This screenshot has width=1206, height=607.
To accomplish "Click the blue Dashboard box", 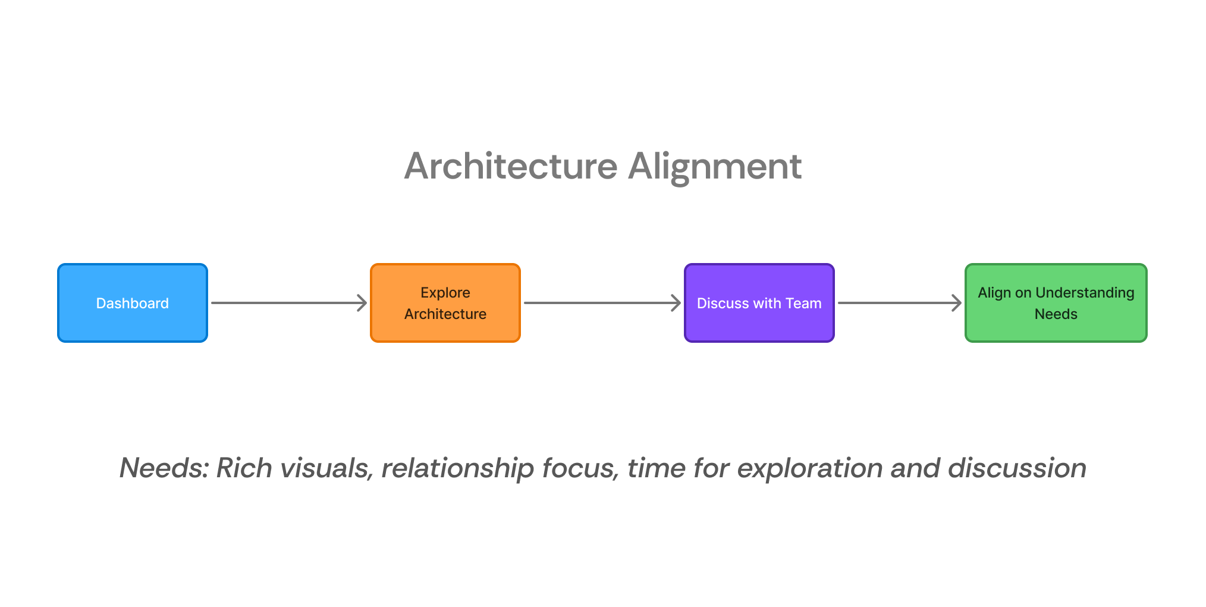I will (132, 303).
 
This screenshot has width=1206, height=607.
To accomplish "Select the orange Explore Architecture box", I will (445, 303).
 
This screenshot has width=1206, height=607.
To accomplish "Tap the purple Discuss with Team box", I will (759, 303).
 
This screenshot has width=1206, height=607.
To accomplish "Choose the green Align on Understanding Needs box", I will (1056, 303).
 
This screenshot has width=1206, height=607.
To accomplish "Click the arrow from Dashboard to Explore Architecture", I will (289, 303).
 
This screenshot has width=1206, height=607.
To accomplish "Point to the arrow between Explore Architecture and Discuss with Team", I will (602, 303).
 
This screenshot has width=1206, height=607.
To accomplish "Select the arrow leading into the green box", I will (899, 303).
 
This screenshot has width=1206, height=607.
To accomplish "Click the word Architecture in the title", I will (511, 166).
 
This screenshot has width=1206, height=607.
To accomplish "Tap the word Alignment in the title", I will (715, 166).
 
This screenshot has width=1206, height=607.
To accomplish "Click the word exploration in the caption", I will (809, 468).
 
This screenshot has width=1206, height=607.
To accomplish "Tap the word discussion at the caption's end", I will (1017, 468).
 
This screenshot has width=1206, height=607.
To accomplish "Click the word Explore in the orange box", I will (445, 293).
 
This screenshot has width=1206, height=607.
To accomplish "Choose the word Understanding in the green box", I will (1085, 293).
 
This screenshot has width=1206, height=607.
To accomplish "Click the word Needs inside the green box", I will (1056, 314).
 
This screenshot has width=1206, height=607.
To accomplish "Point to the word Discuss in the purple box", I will (722, 303).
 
